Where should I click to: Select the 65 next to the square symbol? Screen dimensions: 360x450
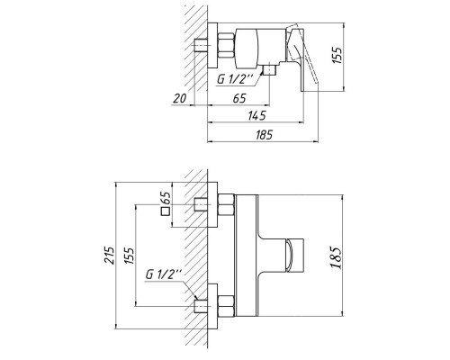pyautogui.click(x=166, y=197)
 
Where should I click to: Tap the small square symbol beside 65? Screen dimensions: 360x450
pyautogui.click(x=166, y=212)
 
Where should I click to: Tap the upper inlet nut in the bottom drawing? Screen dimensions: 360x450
pyautogui.click(x=226, y=207)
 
